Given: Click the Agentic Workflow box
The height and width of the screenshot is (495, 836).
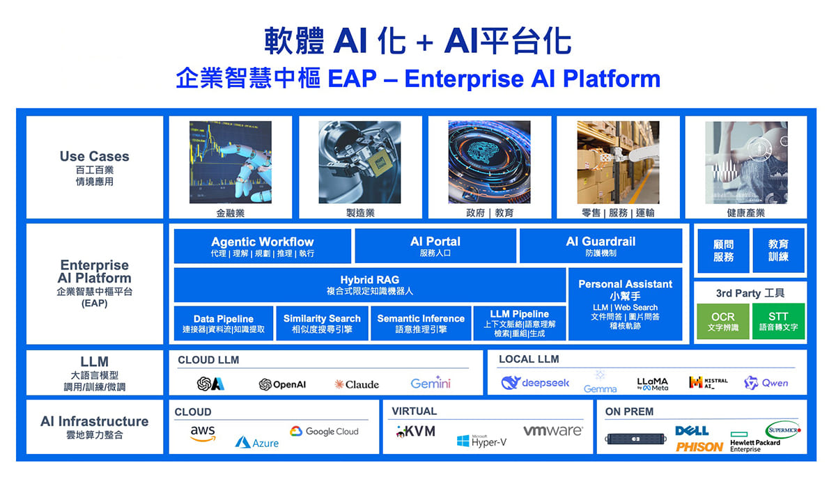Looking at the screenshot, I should (x=262, y=246).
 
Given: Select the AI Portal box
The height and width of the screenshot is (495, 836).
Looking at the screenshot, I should (x=435, y=246).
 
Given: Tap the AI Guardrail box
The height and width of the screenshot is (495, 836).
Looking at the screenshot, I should (x=601, y=246).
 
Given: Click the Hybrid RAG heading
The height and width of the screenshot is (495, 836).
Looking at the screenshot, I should (x=369, y=280).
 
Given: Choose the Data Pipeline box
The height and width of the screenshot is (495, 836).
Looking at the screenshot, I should (x=224, y=324).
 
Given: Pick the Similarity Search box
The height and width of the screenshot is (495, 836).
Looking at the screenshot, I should (x=322, y=324).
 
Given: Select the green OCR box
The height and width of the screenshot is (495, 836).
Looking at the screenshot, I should (x=722, y=322).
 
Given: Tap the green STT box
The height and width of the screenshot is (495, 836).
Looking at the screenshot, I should (x=778, y=322).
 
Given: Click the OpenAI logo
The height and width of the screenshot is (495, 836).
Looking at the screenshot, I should (x=282, y=384).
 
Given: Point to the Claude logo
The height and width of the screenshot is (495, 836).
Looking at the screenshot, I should (x=357, y=384).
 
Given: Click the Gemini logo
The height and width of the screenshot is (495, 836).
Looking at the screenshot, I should (x=431, y=384).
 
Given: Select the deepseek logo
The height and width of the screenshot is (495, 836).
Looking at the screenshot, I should (x=535, y=383).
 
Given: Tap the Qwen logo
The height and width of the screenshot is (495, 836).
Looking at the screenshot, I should (x=766, y=383).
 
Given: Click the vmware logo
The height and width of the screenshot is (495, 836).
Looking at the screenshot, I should (x=552, y=431).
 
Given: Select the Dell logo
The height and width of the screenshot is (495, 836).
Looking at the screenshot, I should (x=692, y=431).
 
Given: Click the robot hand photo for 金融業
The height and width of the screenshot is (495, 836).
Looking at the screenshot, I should (x=221, y=162).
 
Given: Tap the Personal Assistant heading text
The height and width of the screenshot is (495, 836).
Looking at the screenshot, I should (x=625, y=284).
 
